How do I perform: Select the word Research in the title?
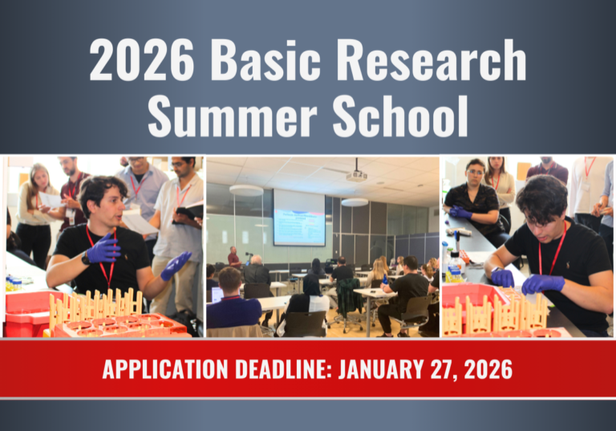[x=431, y=62]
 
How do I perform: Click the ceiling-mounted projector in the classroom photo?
[x=357, y=173]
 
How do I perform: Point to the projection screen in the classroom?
[x=299, y=217]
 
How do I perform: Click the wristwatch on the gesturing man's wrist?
[x=86, y=258]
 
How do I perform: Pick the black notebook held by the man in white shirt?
[x=190, y=211]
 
